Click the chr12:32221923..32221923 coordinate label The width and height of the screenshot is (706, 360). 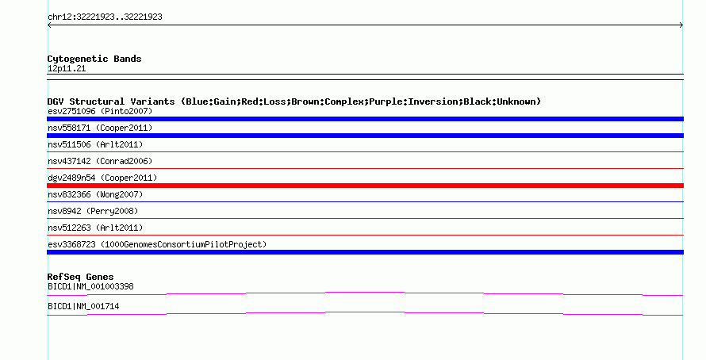105,17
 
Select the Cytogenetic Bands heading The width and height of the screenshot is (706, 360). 94,59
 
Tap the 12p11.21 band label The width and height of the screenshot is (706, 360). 67,69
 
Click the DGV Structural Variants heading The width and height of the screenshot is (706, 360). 294,101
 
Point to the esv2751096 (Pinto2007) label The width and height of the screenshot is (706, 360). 100,111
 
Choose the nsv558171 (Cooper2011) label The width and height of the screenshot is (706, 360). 100,128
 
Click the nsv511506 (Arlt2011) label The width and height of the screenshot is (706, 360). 95,144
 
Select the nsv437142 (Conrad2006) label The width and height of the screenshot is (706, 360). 100,161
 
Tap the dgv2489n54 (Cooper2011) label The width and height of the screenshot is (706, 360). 102,178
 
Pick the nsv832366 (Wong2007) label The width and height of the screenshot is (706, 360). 95,194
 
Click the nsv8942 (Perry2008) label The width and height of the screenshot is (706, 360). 93,211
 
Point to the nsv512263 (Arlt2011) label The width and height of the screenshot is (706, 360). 95,228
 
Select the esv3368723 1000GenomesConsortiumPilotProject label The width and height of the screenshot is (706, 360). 157,244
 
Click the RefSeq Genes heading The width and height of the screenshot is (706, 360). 81,278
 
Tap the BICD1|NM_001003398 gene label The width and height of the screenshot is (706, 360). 90,286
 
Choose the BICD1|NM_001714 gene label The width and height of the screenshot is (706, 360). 83,306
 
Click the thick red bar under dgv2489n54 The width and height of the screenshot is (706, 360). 365,186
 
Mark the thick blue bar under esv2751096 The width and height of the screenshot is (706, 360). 365,119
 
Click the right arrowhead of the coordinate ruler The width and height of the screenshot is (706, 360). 681,25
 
